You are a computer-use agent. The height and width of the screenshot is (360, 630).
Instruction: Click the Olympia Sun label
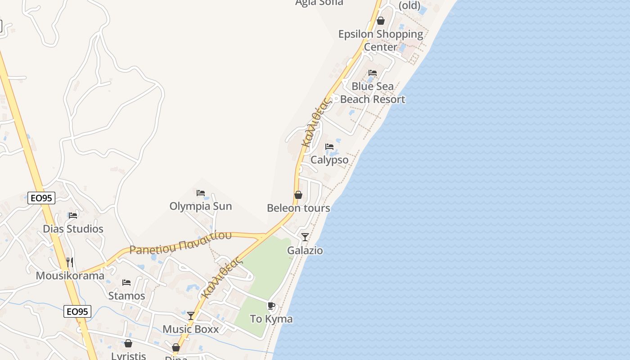click(201, 206)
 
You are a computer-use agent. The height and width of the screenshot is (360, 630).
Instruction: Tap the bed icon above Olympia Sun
click(201, 193)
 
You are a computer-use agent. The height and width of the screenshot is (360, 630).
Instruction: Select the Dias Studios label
click(73, 229)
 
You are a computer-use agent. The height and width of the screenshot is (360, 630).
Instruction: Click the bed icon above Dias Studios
click(73, 216)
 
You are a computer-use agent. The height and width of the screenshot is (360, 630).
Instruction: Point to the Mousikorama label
click(70, 275)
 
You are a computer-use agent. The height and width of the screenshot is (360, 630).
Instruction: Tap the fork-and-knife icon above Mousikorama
click(70, 262)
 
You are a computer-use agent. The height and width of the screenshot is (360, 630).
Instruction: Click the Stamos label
click(126, 296)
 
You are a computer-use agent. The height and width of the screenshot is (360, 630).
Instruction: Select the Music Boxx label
click(190, 329)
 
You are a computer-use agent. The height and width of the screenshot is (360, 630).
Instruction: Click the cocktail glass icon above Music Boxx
click(191, 316)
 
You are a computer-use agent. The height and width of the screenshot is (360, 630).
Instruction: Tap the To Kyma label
click(271, 319)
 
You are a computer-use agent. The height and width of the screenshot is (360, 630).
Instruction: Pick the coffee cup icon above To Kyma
click(271, 306)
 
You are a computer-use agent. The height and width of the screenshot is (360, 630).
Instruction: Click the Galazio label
click(305, 250)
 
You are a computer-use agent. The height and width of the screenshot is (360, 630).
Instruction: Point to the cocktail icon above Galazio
click(305, 237)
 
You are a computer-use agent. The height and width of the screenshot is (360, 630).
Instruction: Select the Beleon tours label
click(298, 208)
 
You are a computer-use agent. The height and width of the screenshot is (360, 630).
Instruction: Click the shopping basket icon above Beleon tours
click(298, 195)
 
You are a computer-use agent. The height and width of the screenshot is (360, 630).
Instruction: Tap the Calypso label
click(329, 160)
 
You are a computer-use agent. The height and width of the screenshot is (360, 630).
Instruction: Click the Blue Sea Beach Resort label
click(373, 93)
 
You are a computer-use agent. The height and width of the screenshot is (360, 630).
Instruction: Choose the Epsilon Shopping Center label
click(381, 40)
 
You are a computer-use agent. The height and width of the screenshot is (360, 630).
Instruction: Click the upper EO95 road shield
click(41, 198)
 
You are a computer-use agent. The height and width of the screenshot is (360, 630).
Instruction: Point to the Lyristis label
click(128, 355)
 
